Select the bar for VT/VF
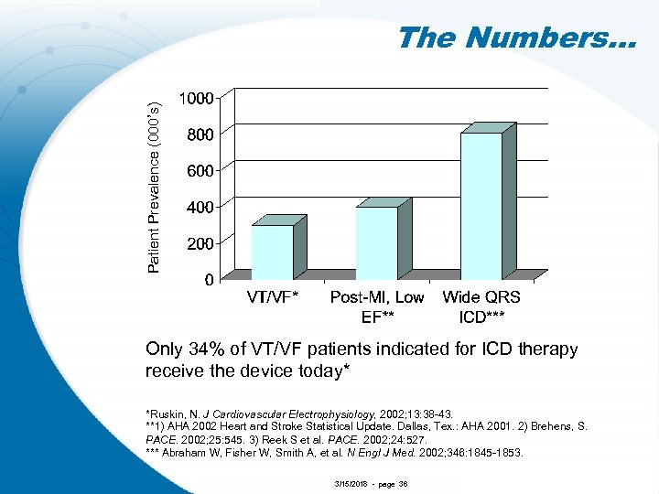click(272, 252)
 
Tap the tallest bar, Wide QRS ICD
click(481, 206)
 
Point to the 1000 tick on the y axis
click(196, 98)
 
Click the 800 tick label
click(200, 134)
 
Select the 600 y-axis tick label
click(200, 171)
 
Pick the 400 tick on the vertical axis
click(200, 208)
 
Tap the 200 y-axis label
click(200, 244)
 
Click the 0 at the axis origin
click(210, 281)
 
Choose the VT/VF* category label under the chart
click(273, 297)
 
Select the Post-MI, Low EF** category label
click(377, 307)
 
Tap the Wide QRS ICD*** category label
click(481, 307)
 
